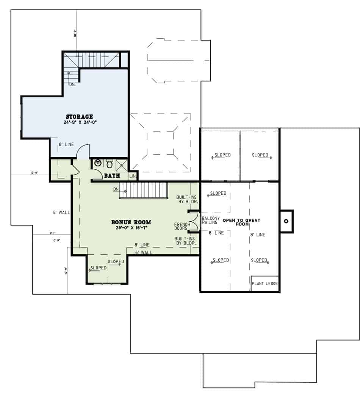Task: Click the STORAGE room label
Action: click(x=80, y=116)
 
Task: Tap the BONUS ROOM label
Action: click(x=131, y=222)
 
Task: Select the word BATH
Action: click(x=112, y=175)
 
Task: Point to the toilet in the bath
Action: click(x=109, y=164)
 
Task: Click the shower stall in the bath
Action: click(x=121, y=164)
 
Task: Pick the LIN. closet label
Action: click(x=133, y=176)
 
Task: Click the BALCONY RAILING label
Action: click(x=210, y=221)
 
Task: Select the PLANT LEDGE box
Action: click(x=265, y=283)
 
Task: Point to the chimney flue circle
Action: click(x=286, y=221)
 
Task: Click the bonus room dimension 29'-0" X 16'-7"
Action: click(x=131, y=228)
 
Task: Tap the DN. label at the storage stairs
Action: click(x=72, y=85)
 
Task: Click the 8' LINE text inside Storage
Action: click(x=66, y=144)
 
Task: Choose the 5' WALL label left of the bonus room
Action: click(x=61, y=213)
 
